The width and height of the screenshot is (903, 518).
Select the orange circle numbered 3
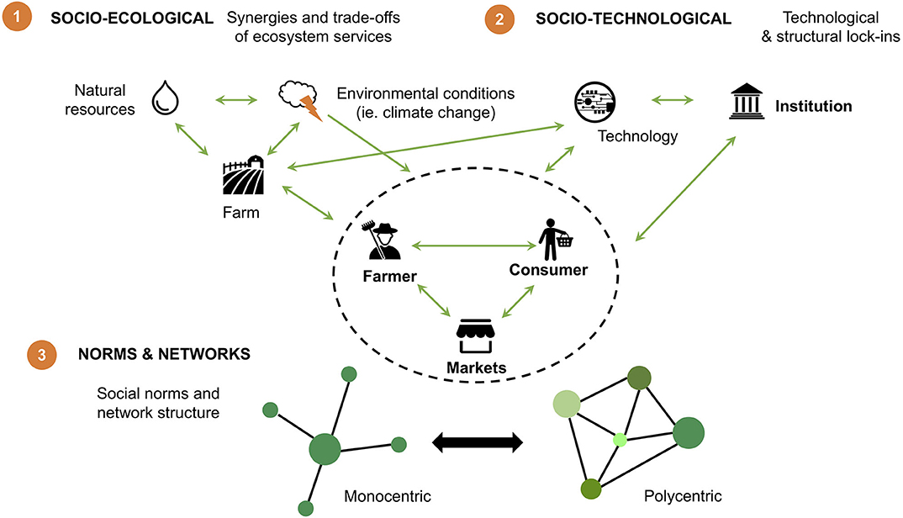tap(41, 355)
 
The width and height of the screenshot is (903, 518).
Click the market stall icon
tap(477, 338)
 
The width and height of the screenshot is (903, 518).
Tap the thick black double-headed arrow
tap(478, 441)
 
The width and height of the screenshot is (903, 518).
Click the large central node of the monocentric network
tap(325, 448)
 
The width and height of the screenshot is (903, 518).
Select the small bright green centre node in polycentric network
tap(620, 439)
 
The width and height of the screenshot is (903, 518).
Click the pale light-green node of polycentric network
tap(568, 405)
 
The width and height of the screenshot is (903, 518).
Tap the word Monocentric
tap(388, 496)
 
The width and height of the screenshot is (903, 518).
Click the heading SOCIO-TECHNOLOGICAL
tap(633, 18)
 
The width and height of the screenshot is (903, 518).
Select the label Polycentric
tap(682, 496)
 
